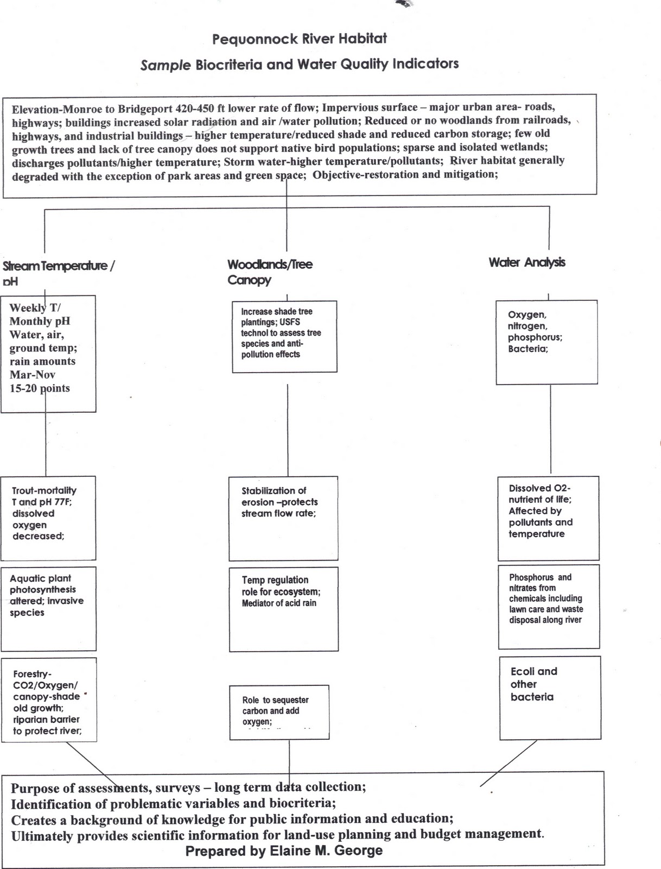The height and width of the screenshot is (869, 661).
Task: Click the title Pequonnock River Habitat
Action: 299,39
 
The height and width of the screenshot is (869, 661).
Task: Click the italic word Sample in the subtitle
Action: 165,65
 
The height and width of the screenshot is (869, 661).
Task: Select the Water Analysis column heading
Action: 526,262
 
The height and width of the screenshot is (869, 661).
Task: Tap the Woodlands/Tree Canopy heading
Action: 270,272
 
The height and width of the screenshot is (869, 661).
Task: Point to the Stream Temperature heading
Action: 58,266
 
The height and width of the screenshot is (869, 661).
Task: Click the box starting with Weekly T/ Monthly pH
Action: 48,354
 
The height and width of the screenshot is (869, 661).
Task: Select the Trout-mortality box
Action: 48,518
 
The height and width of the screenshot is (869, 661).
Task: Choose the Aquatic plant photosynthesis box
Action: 48,608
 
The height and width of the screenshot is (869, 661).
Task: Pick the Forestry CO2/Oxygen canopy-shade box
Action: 49,700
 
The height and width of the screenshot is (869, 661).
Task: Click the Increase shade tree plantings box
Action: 284,336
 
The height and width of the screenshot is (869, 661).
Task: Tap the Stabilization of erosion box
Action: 283,518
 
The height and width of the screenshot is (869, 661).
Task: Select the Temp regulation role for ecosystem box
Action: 283,608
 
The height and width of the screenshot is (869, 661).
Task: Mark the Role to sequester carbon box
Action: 279,711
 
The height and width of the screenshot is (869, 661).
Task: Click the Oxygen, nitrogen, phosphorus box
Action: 547,342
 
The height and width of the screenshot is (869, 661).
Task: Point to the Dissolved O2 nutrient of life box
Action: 548,518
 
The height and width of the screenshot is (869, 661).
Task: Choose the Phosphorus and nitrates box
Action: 549,606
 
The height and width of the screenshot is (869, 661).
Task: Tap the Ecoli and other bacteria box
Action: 550,697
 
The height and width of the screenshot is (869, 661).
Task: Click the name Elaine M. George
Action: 326,851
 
